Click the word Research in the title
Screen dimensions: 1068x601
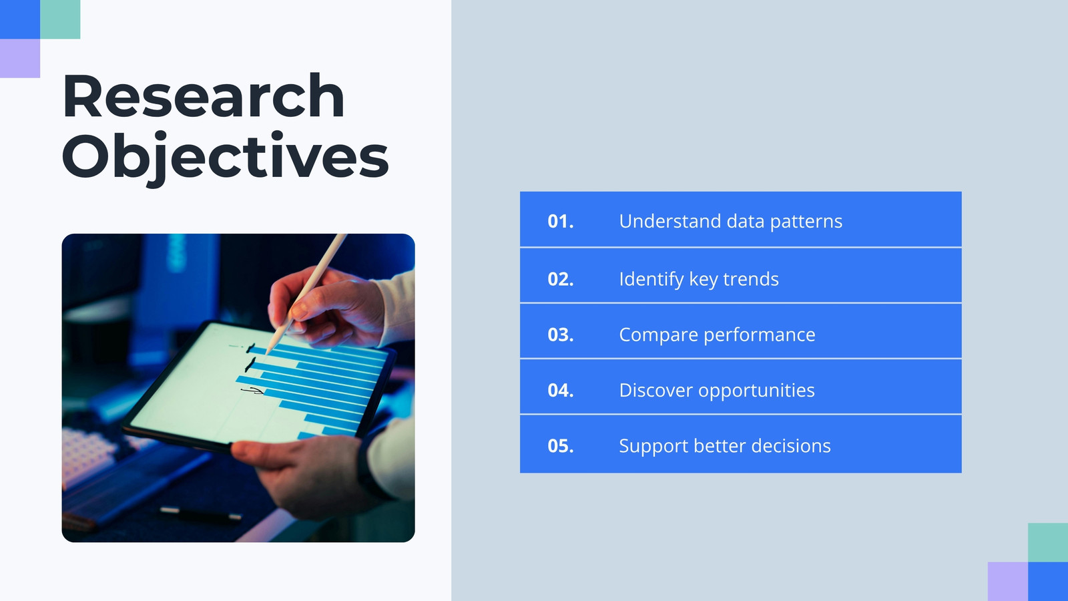click(x=203, y=95)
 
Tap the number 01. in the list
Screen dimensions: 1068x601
click(x=561, y=221)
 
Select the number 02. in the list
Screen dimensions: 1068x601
click(x=561, y=279)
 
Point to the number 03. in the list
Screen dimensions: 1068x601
click(x=561, y=335)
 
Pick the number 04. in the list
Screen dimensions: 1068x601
click(x=561, y=391)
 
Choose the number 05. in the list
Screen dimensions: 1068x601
click(x=561, y=446)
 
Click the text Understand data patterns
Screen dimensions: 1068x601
click(x=730, y=222)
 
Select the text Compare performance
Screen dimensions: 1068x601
click(x=717, y=335)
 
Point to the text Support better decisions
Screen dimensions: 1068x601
click(x=725, y=446)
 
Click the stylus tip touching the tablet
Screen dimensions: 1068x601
click(x=268, y=353)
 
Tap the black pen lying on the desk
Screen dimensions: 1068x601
click(x=200, y=514)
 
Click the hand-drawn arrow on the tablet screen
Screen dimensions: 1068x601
click(x=253, y=391)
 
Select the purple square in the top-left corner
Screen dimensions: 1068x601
click(x=20, y=58)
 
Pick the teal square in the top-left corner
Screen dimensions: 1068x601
click(x=60, y=19)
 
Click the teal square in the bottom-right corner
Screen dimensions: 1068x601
click(x=1048, y=542)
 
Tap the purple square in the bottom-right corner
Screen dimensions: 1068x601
click(x=1008, y=582)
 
